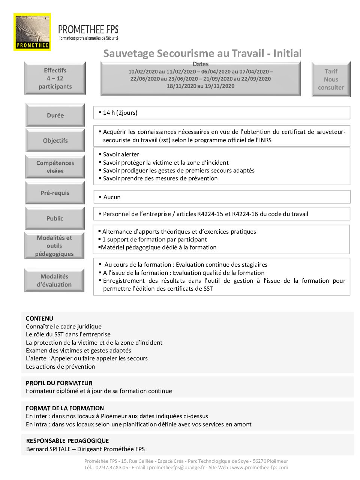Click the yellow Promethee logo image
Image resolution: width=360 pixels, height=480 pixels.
click(x=32, y=32)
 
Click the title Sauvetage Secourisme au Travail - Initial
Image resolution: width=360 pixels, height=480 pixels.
click(x=202, y=53)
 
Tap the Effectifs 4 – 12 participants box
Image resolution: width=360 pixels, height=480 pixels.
click(x=55, y=78)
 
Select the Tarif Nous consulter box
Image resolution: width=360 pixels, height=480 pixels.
click(x=331, y=79)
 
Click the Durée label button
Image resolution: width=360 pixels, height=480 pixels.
click(x=55, y=115)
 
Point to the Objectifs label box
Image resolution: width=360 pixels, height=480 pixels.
click(x=55, y=141)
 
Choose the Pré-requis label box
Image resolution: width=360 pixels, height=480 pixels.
click(x=55, y=193)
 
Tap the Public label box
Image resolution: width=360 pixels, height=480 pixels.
click(x=55, y=218)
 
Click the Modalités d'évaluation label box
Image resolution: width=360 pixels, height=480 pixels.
click(x=54, y=280)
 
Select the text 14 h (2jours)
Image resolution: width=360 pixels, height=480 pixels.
click(x=120, y=112)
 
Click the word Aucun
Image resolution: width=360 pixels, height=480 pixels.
click(x=112, y=197)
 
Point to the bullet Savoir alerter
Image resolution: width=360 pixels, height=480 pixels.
click(x=121, y=154)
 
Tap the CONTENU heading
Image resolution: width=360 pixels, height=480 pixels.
click(x=39, y=318)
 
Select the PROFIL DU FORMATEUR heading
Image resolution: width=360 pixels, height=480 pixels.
click(x=59, y=383)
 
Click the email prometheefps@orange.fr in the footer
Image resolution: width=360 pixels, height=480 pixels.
click(x=177, y=467)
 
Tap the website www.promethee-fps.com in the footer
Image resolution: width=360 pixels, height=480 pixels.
click(x=260, y=467)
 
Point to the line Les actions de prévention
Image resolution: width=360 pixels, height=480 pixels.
click(x=60, y=366)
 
